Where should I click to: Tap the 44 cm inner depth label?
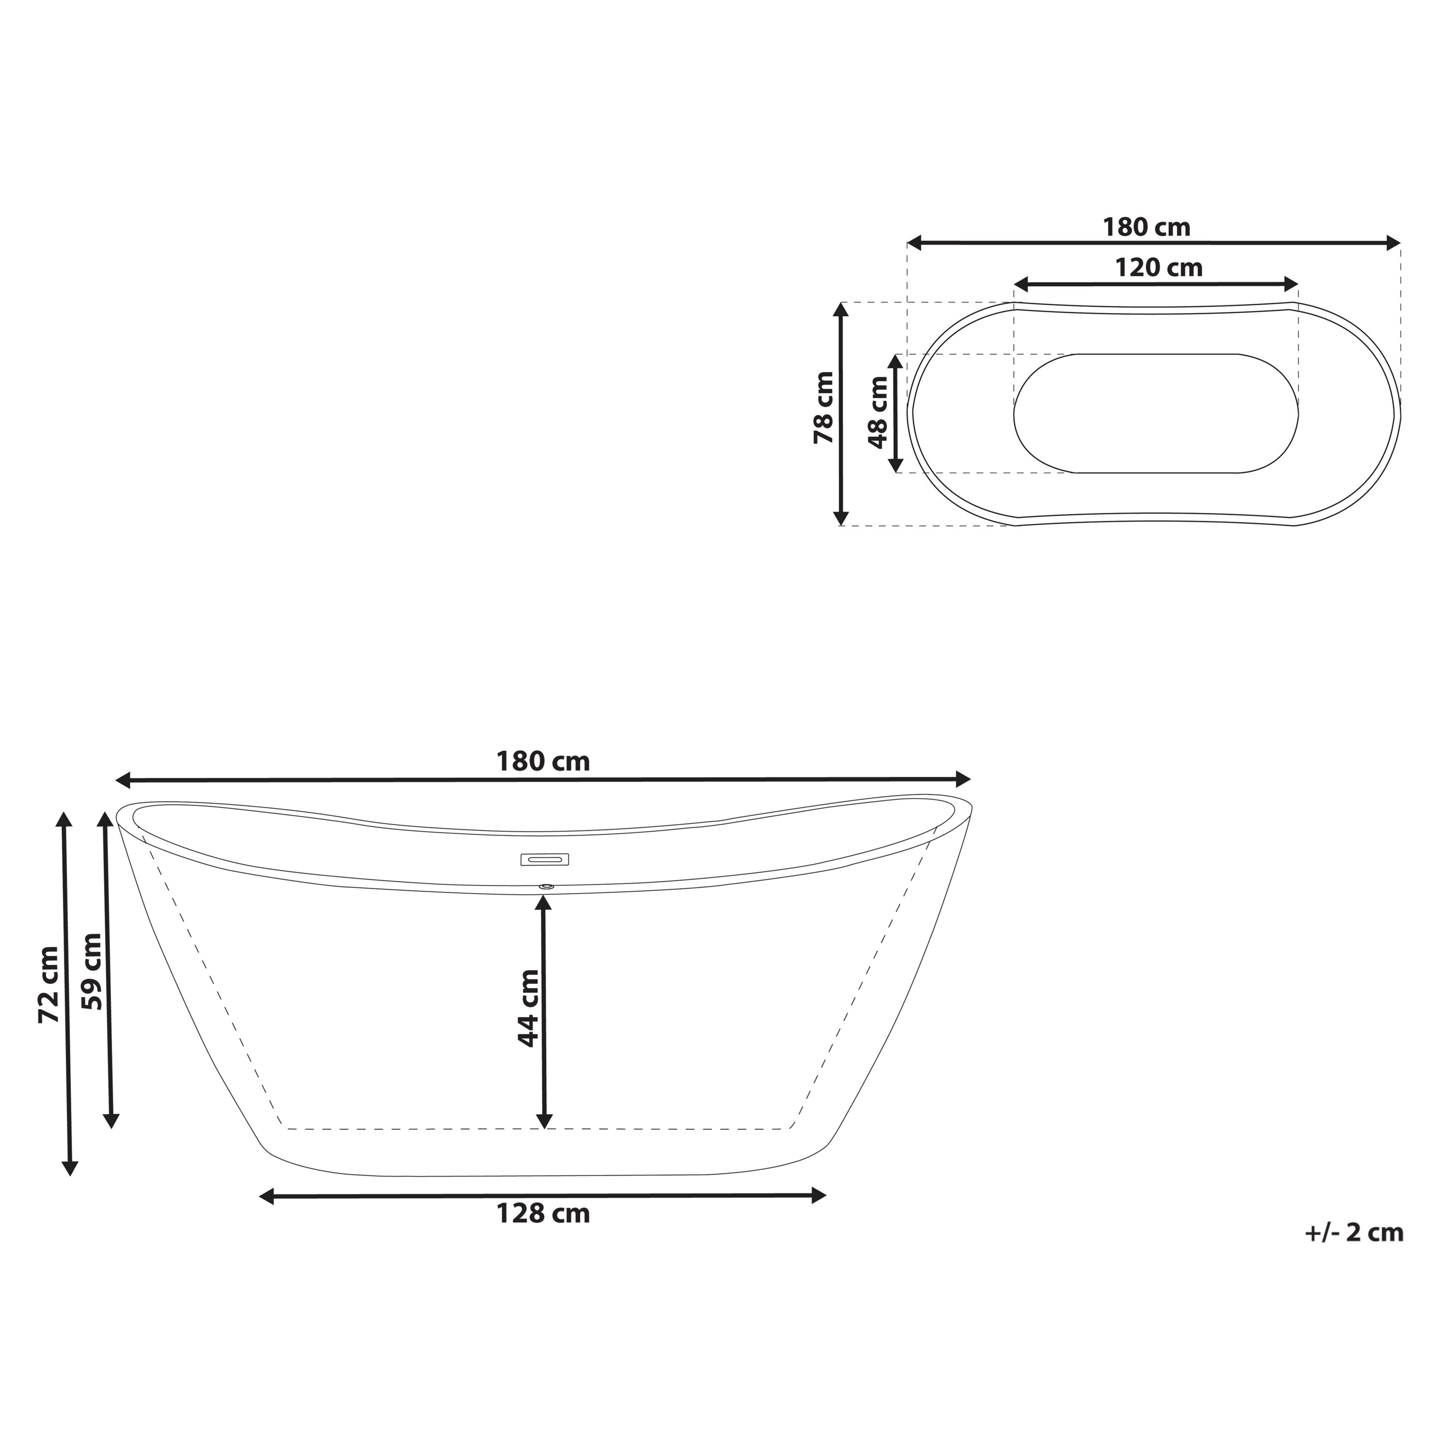pyautogui.click(x=528, y=1009)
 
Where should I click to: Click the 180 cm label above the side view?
pyautogui.click(x=543, y=762)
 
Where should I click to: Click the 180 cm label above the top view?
pyautogui.click(x=1146, y=227)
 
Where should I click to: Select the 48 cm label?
pyautogui.click(x=879, y=412)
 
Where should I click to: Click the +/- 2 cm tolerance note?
pyautogui.click(x=1353, y=1233)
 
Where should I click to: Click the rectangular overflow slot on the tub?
pyautogui.click(x=544, y=859)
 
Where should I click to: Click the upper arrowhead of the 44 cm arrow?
pyautogui.click(x=544, y=903)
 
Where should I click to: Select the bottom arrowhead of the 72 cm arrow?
pyautogui.click(x=70, y=1167)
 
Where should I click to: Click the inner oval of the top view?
pyautogui.click(x=1155, y=413)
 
